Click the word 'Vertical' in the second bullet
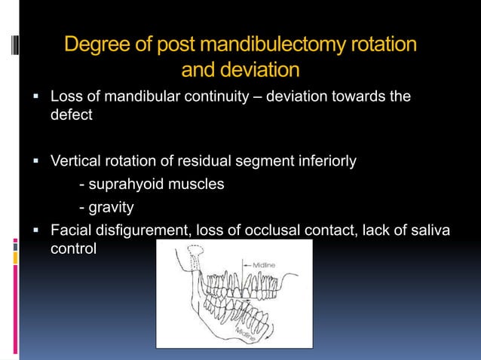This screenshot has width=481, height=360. pos(75,160)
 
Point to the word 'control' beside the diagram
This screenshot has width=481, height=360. pos(73,249)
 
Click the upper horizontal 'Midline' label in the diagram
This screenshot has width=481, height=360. pos(265,264)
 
